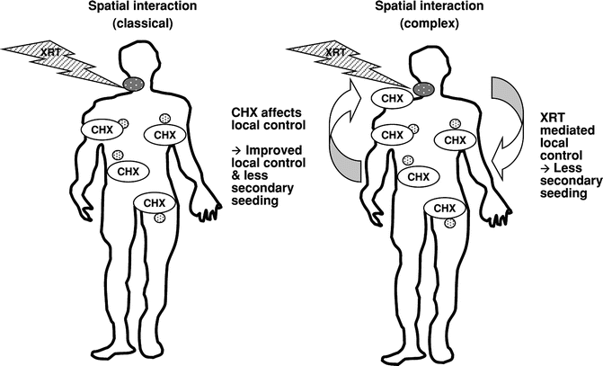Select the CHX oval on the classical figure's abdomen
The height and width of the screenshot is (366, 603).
click(129, 170)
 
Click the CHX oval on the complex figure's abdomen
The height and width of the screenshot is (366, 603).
click(418, 176)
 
